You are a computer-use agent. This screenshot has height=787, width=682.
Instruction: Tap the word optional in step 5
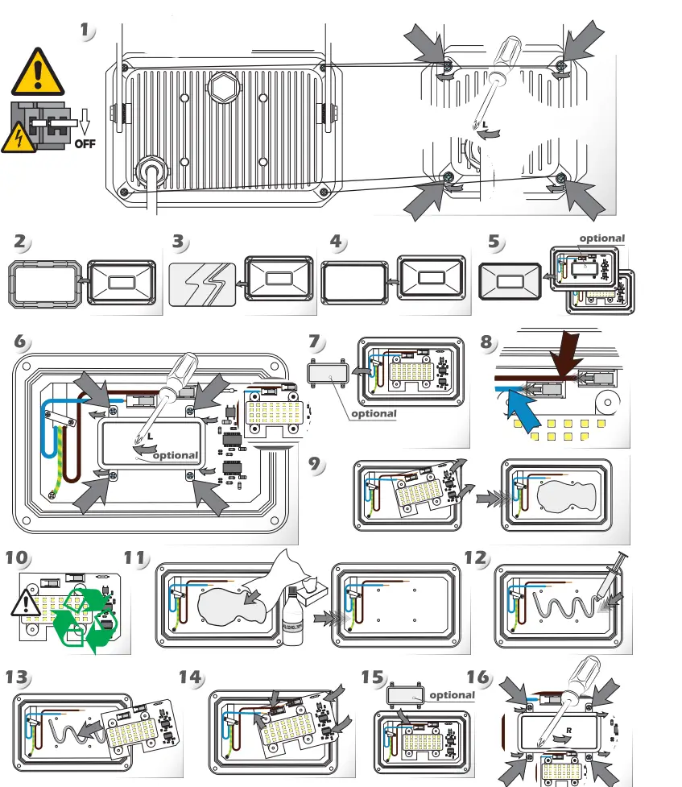[601, 238]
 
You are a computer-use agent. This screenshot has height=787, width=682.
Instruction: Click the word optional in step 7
[374, 413]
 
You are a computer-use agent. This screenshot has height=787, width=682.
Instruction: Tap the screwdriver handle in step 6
[180, 372]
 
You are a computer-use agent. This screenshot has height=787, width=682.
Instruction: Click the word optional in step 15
[453, 694]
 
